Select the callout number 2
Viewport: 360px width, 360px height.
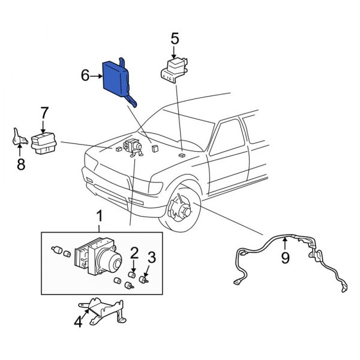134,252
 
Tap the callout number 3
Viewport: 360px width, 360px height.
152,257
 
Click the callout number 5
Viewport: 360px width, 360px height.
175,38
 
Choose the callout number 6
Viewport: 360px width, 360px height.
85,76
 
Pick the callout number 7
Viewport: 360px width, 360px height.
44,112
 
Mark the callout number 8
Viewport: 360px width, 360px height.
20,164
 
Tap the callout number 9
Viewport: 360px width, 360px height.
286,258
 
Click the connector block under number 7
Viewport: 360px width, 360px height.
44,143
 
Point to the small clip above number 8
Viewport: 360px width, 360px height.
19,138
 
